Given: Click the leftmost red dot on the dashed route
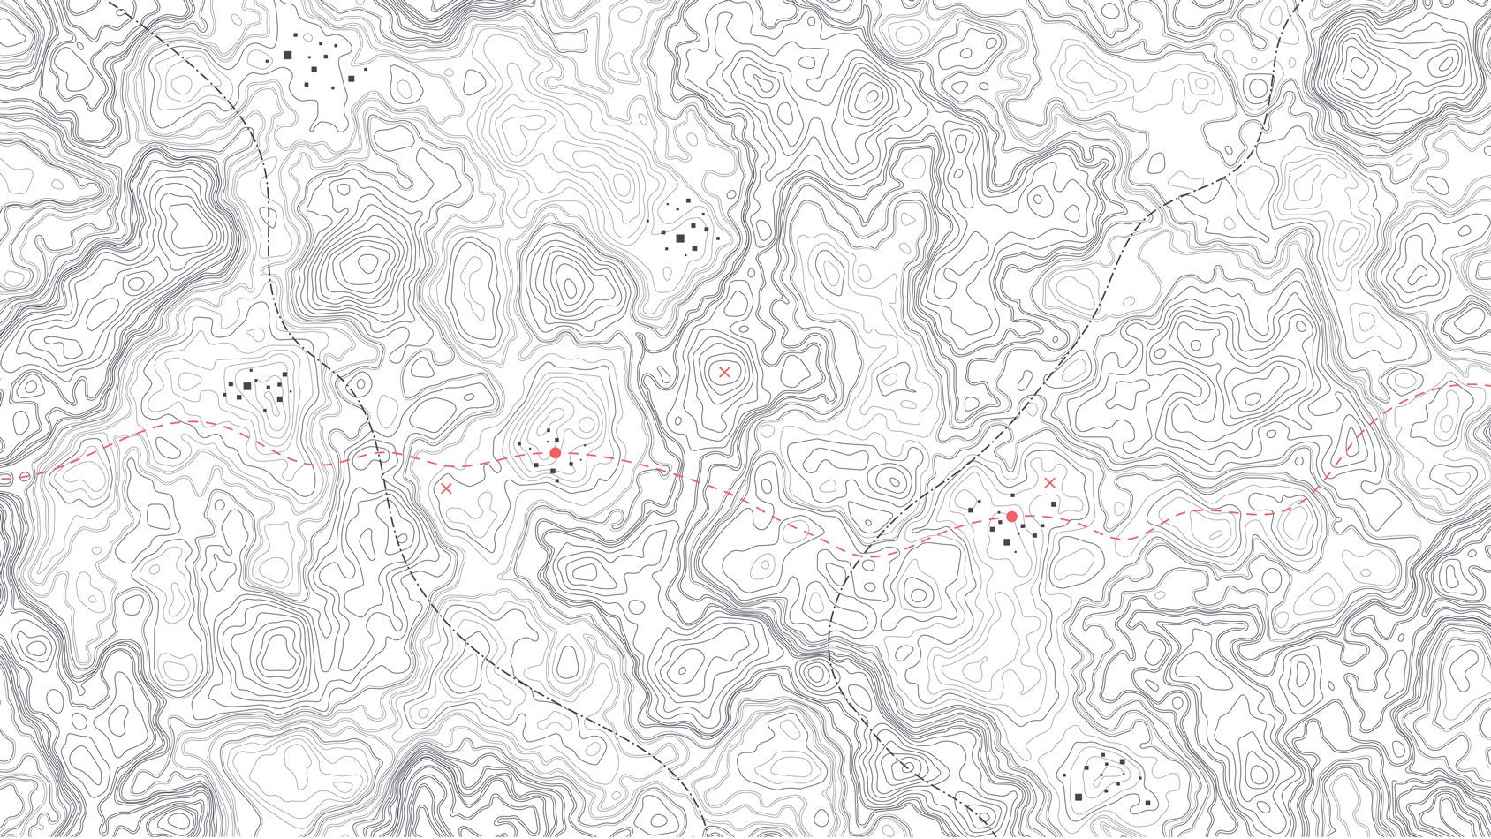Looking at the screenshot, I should click(555, 452).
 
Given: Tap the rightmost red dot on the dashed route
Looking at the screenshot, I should click(1011, 517).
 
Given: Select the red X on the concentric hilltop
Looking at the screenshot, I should click(724, 372).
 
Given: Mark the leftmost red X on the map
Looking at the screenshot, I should click(446, 488).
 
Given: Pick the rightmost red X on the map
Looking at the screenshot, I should click(1049, 482).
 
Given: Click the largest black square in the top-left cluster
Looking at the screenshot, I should click(288, 55).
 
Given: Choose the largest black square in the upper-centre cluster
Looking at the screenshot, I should click(680, 238).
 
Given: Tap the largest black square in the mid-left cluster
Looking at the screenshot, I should click(248, 386).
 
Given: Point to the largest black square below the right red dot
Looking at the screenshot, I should click(1006, 542).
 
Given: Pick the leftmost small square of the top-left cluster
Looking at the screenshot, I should click(268, 61).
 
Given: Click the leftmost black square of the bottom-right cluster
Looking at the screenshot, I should click(1064, 774).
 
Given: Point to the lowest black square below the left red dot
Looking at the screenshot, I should click(556, 480).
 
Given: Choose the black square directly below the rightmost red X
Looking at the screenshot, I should click(1053, 504).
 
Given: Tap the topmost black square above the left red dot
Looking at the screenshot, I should click(549, 431).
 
